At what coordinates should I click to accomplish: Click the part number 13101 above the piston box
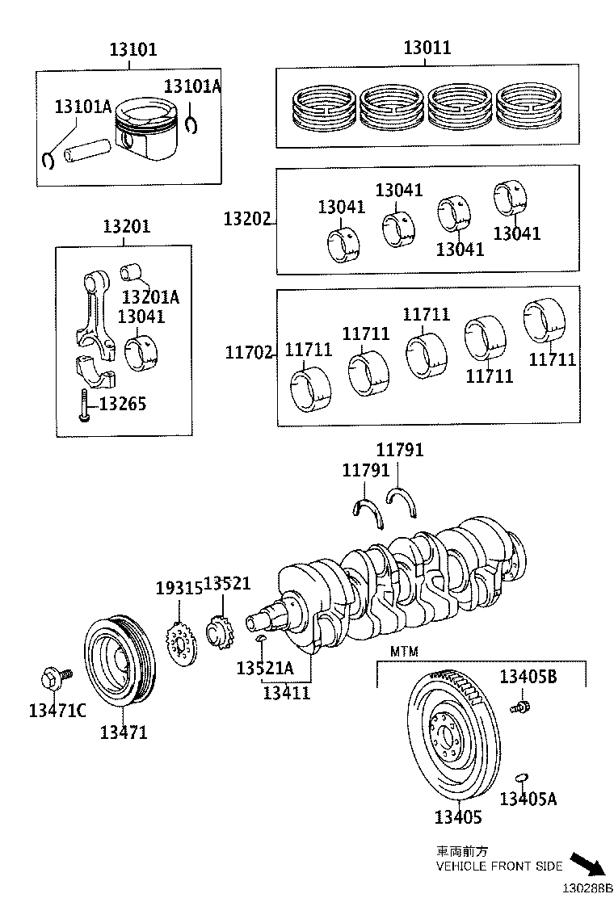pyautogui.click(x=133, y=50)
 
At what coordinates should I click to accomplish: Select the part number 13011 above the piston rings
pyautogui.click(x=427, y=48)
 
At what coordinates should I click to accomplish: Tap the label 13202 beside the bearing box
pyautogui.click(x=247, y=219)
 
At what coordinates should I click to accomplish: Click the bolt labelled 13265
pyautogui.click(x=83, y=404)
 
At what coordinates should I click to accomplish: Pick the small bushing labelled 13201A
pyautogui.click(x=129, y=271)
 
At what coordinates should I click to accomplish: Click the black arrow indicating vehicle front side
pyautogui.click(x=587, y=863)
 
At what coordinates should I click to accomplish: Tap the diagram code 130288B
pyautogui.click(x=588, y=888)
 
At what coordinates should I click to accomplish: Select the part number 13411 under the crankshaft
pyautogui.click(x=286, y=693)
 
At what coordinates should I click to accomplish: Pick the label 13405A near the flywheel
pyautogui.click(x=528, y=799)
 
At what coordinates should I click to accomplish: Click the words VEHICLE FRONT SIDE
pyautogui.click(x=498, y=866)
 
